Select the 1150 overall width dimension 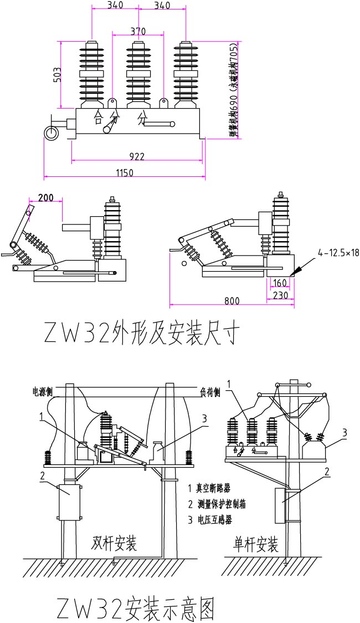tap(125, 173)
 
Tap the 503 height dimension tap(56, 74)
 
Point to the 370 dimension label tap(138, 30)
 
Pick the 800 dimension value tap(232, 301)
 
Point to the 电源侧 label tap(43, 391)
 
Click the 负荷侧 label tap(210, 392)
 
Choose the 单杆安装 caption tap(256, 545)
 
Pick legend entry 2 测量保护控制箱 tap(217, 504)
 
